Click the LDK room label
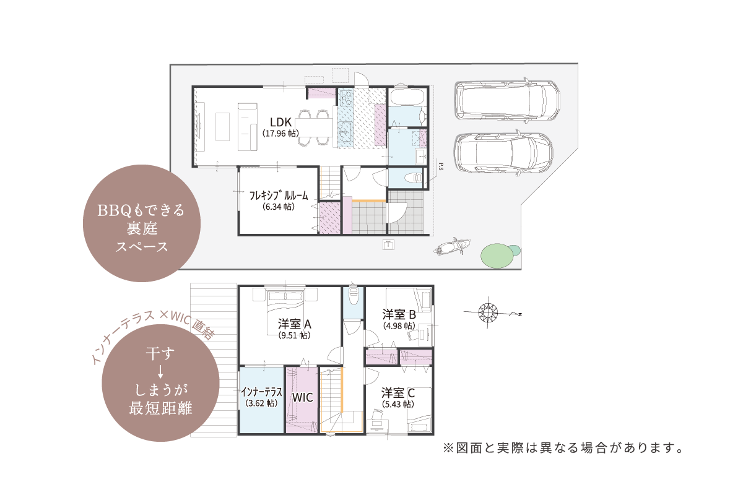(280, 123)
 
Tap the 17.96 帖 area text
(280, 133)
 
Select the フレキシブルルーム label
(279, 196)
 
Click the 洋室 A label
(295, 324)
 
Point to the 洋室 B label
(399, 314)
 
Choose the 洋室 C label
(398, 393)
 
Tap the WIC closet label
(303, 397)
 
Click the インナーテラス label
(261, 392)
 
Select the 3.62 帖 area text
(261, 403)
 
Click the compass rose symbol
(488, 312)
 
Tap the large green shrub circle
(497, 256)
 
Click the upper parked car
(507, 100)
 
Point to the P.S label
(441, 166)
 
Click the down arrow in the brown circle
(160, 372)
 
